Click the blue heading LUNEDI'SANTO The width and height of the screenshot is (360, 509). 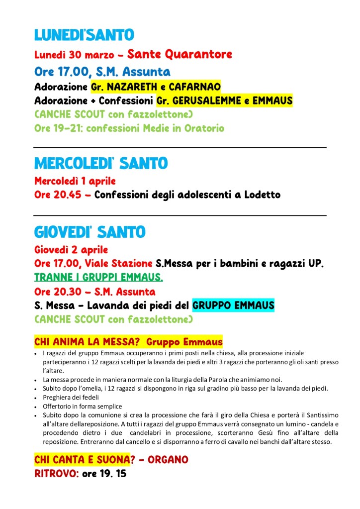84,35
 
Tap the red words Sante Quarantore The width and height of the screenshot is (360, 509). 180,54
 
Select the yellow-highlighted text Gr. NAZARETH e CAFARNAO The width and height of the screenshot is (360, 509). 156,87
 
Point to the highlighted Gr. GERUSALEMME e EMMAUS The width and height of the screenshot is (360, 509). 224,101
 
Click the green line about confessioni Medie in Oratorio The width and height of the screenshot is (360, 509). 129,128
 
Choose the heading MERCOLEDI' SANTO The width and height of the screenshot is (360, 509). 101,163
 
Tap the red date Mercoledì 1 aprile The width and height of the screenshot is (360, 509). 75,181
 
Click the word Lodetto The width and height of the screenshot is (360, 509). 262,195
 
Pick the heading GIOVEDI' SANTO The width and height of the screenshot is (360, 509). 90,232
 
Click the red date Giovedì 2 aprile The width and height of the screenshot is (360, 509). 71,249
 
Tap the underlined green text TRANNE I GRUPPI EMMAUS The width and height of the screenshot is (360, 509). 98,277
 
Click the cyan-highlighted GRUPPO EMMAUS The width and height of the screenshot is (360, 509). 233,305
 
